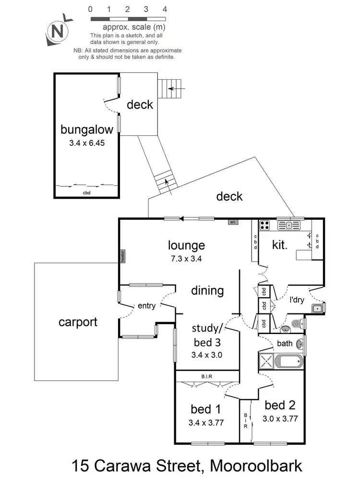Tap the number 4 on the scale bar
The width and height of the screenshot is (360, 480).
point(165,9)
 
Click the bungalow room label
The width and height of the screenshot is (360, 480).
point(87,129)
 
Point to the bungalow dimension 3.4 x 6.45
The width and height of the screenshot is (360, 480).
point(87,143)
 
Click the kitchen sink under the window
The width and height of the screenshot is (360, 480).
point(289,224)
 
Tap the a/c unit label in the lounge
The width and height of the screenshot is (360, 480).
point(233,222)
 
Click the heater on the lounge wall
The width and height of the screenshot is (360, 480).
point(122,256)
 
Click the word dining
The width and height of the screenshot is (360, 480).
point(207,290)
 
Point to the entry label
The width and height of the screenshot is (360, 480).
point(146,306)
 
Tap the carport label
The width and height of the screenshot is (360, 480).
point(78,322)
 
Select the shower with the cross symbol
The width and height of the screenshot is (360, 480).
point(266,360)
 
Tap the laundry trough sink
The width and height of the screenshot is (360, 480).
point(317,308)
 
